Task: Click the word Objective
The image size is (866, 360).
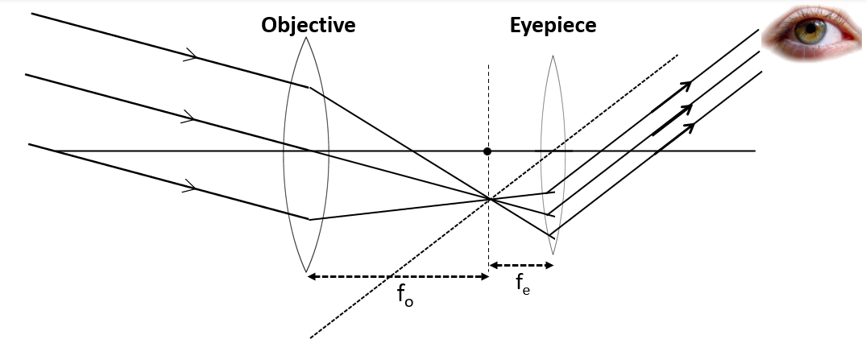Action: click(308, 25)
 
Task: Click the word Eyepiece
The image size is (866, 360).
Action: click(553, 25)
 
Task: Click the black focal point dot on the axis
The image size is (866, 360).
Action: click(487, 151)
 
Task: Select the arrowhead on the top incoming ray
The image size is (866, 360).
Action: click(193, 56)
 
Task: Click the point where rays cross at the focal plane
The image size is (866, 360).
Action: click(488, 198)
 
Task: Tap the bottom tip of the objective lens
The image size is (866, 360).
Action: click(306, 271)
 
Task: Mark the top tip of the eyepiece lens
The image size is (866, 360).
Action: click(553, 56)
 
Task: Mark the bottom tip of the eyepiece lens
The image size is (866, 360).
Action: click(553, 254)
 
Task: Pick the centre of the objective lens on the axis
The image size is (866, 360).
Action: click(306, 151)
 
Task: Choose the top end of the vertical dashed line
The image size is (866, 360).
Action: click(488, 66)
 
